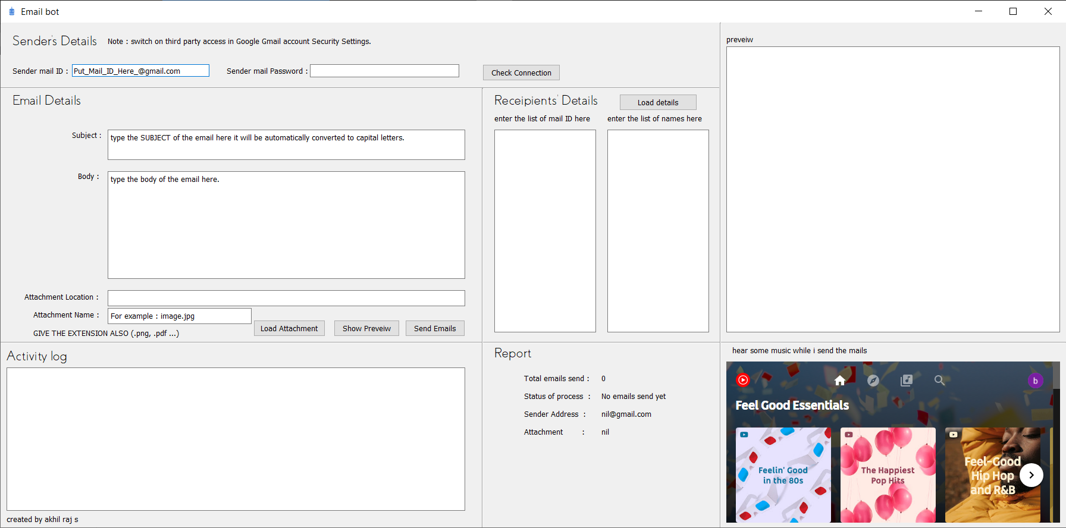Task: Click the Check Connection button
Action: pos(521,73)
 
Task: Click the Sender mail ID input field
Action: pos(140,71)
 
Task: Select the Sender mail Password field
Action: pos(384,71)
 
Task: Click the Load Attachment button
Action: pos(289,328)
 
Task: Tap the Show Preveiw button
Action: pos(366,328)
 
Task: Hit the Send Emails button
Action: pos(435,328)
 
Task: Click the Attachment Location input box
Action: pos(286,298)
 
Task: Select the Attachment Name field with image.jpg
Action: pos(179,316)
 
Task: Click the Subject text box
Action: pos(286,144)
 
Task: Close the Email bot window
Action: pos(1048,11)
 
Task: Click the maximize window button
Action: pos(1013,11)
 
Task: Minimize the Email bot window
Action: pos(979,11)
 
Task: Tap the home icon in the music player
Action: pos(840,381)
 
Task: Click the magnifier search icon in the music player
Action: pos(939,381)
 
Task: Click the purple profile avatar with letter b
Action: pos(1035,381)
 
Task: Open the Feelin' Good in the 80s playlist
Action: pos(783,474)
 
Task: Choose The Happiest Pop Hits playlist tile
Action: pos(888,474)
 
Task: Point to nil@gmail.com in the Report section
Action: pos(626,414)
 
